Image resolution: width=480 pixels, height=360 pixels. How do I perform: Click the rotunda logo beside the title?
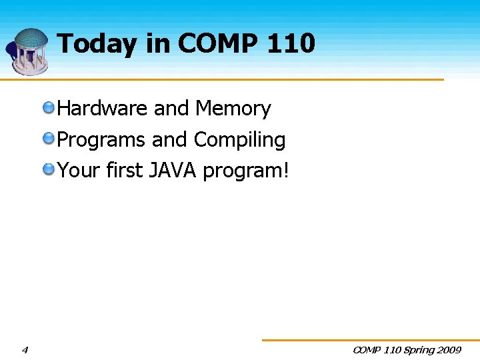[27, 51]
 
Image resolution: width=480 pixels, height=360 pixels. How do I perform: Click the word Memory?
[233, 109]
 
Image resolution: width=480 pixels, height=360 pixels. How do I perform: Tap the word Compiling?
[239, 140]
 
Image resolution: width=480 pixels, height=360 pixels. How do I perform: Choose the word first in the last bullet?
[125, 171]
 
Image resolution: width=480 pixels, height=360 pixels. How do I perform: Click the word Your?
[79, 171]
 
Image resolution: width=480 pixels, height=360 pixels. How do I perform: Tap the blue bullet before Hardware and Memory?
[49, 107]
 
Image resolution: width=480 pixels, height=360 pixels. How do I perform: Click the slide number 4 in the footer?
[25, 350]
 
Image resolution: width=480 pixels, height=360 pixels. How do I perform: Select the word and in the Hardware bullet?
[172, 109]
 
